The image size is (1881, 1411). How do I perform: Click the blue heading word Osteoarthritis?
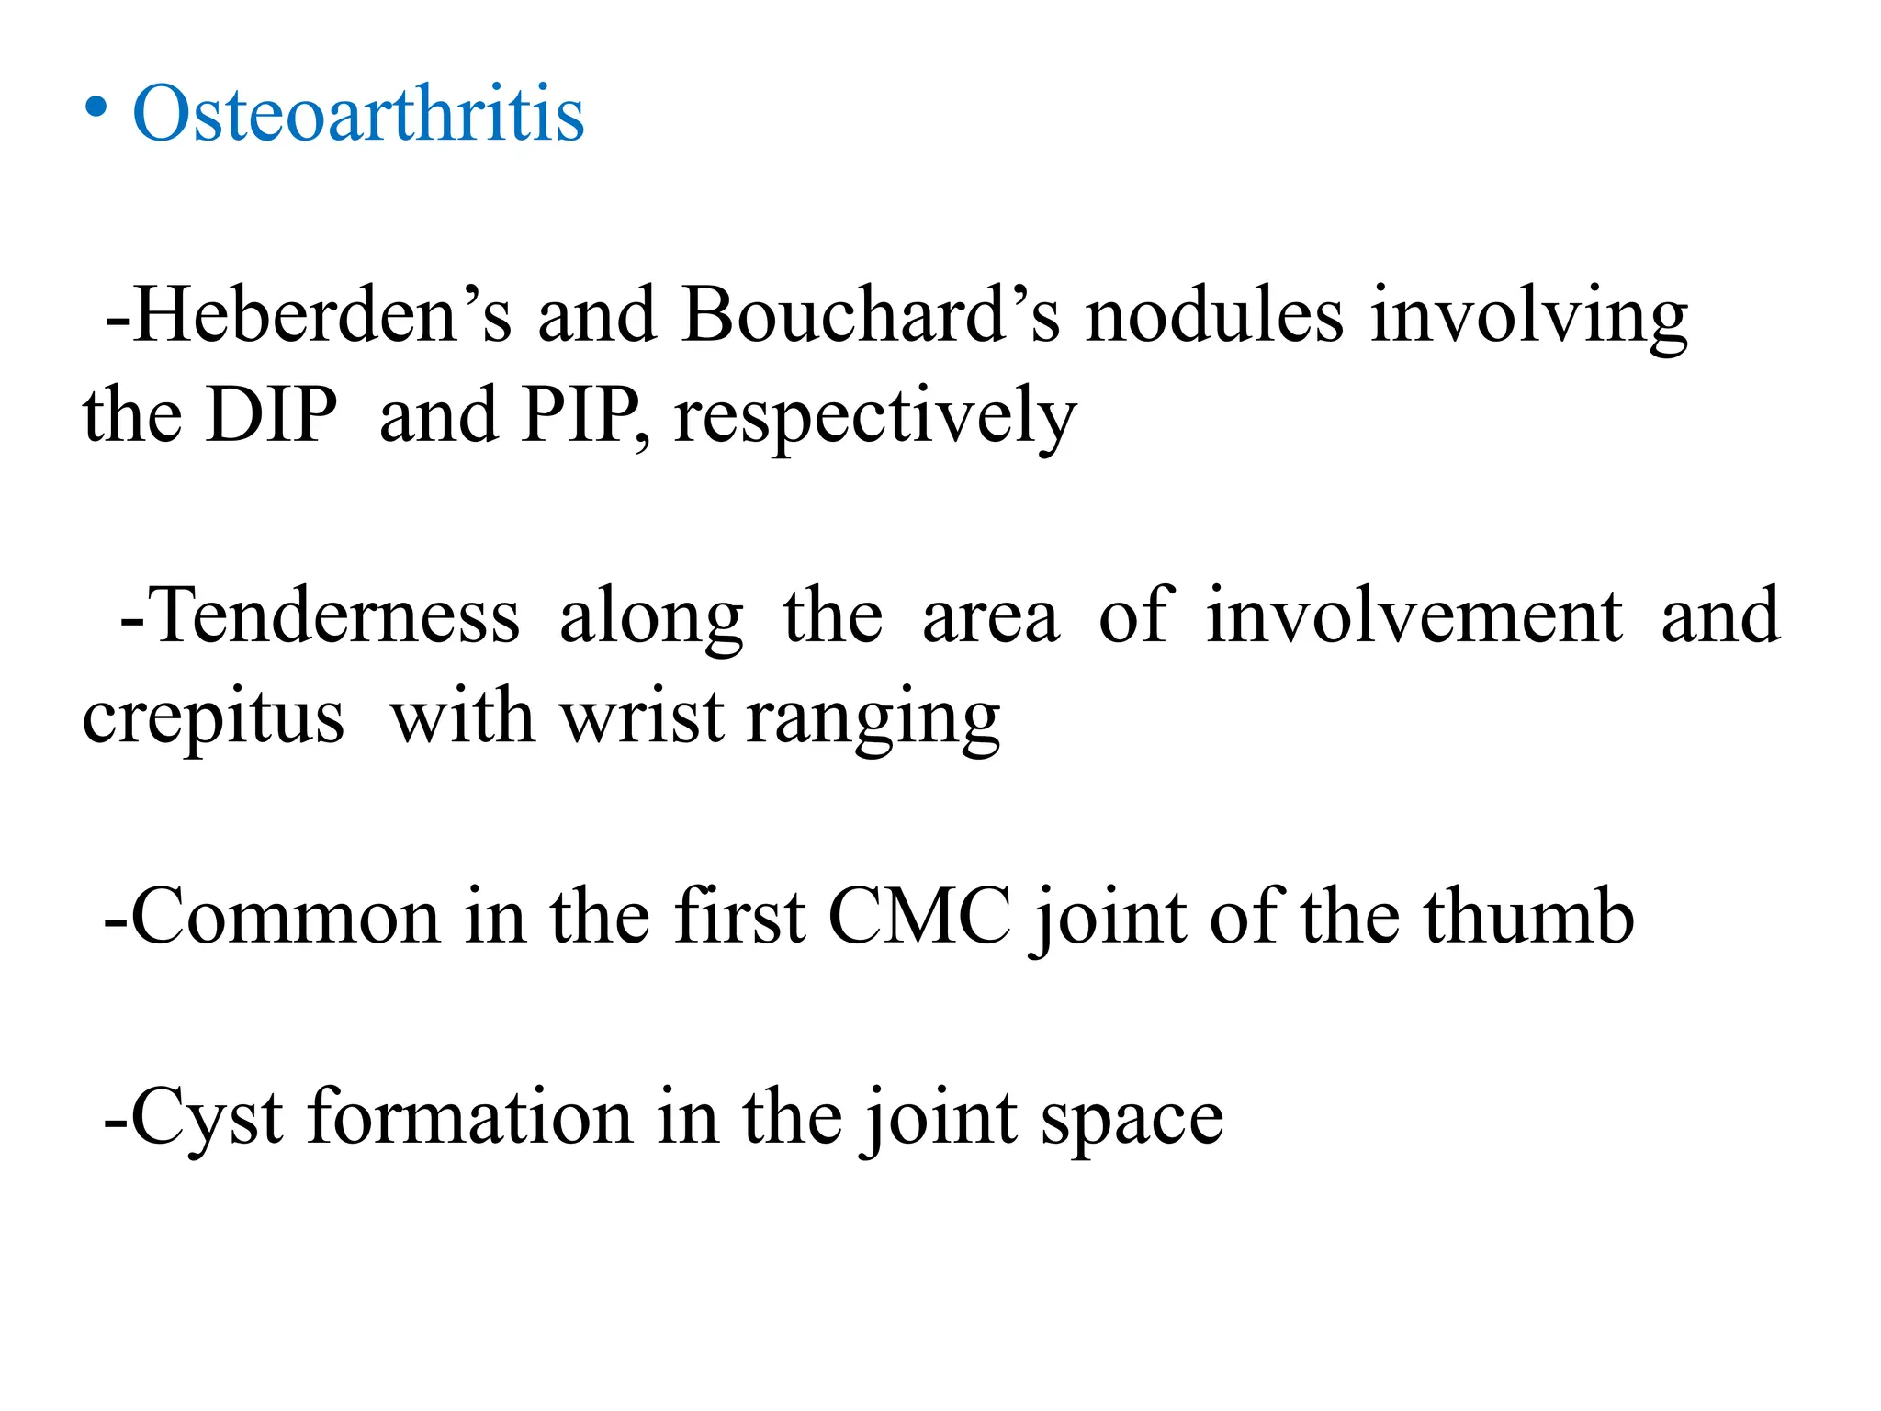358,114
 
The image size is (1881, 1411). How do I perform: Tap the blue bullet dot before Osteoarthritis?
96,108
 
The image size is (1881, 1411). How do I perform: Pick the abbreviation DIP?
272,415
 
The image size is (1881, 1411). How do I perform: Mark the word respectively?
874,419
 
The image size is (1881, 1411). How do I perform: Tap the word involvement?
1414,615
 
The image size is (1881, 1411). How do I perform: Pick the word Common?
285,917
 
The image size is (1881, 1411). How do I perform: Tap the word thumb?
1529,917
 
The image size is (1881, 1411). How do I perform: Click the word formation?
470,1117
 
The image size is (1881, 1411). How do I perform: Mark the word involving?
1528,317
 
